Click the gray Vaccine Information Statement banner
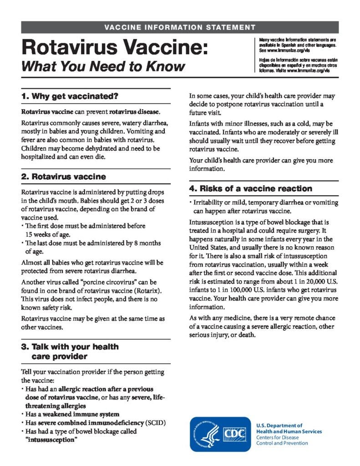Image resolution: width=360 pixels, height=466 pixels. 180,27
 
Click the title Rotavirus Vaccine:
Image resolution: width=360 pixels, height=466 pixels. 114,47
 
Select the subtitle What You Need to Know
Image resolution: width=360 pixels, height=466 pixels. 103,66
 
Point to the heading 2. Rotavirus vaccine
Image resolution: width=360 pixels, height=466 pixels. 63,177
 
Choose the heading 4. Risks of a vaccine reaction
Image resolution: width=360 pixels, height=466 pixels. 250,188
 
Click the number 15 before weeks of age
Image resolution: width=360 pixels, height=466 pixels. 30,235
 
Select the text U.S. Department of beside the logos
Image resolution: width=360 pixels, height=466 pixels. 279,425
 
